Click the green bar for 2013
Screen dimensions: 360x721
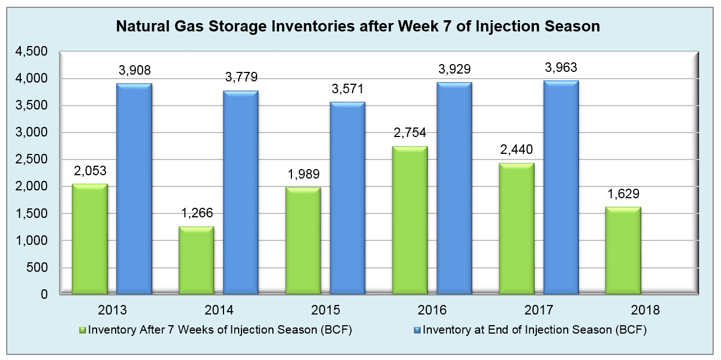pyautogui.click(x=90, y=239)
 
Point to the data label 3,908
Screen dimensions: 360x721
pyautogui.click(x=135, y=71)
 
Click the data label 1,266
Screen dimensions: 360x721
pyautogui.click(x=197, y=213)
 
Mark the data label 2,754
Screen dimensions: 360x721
pyautogui.click(x=410, y=133)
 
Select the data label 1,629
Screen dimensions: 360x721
pyautogui.click(x=623, y=194)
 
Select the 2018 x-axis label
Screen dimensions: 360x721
pyautogui.click(x=645, y=310)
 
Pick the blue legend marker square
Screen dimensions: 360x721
pyautogui.click(x=417, y=330)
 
